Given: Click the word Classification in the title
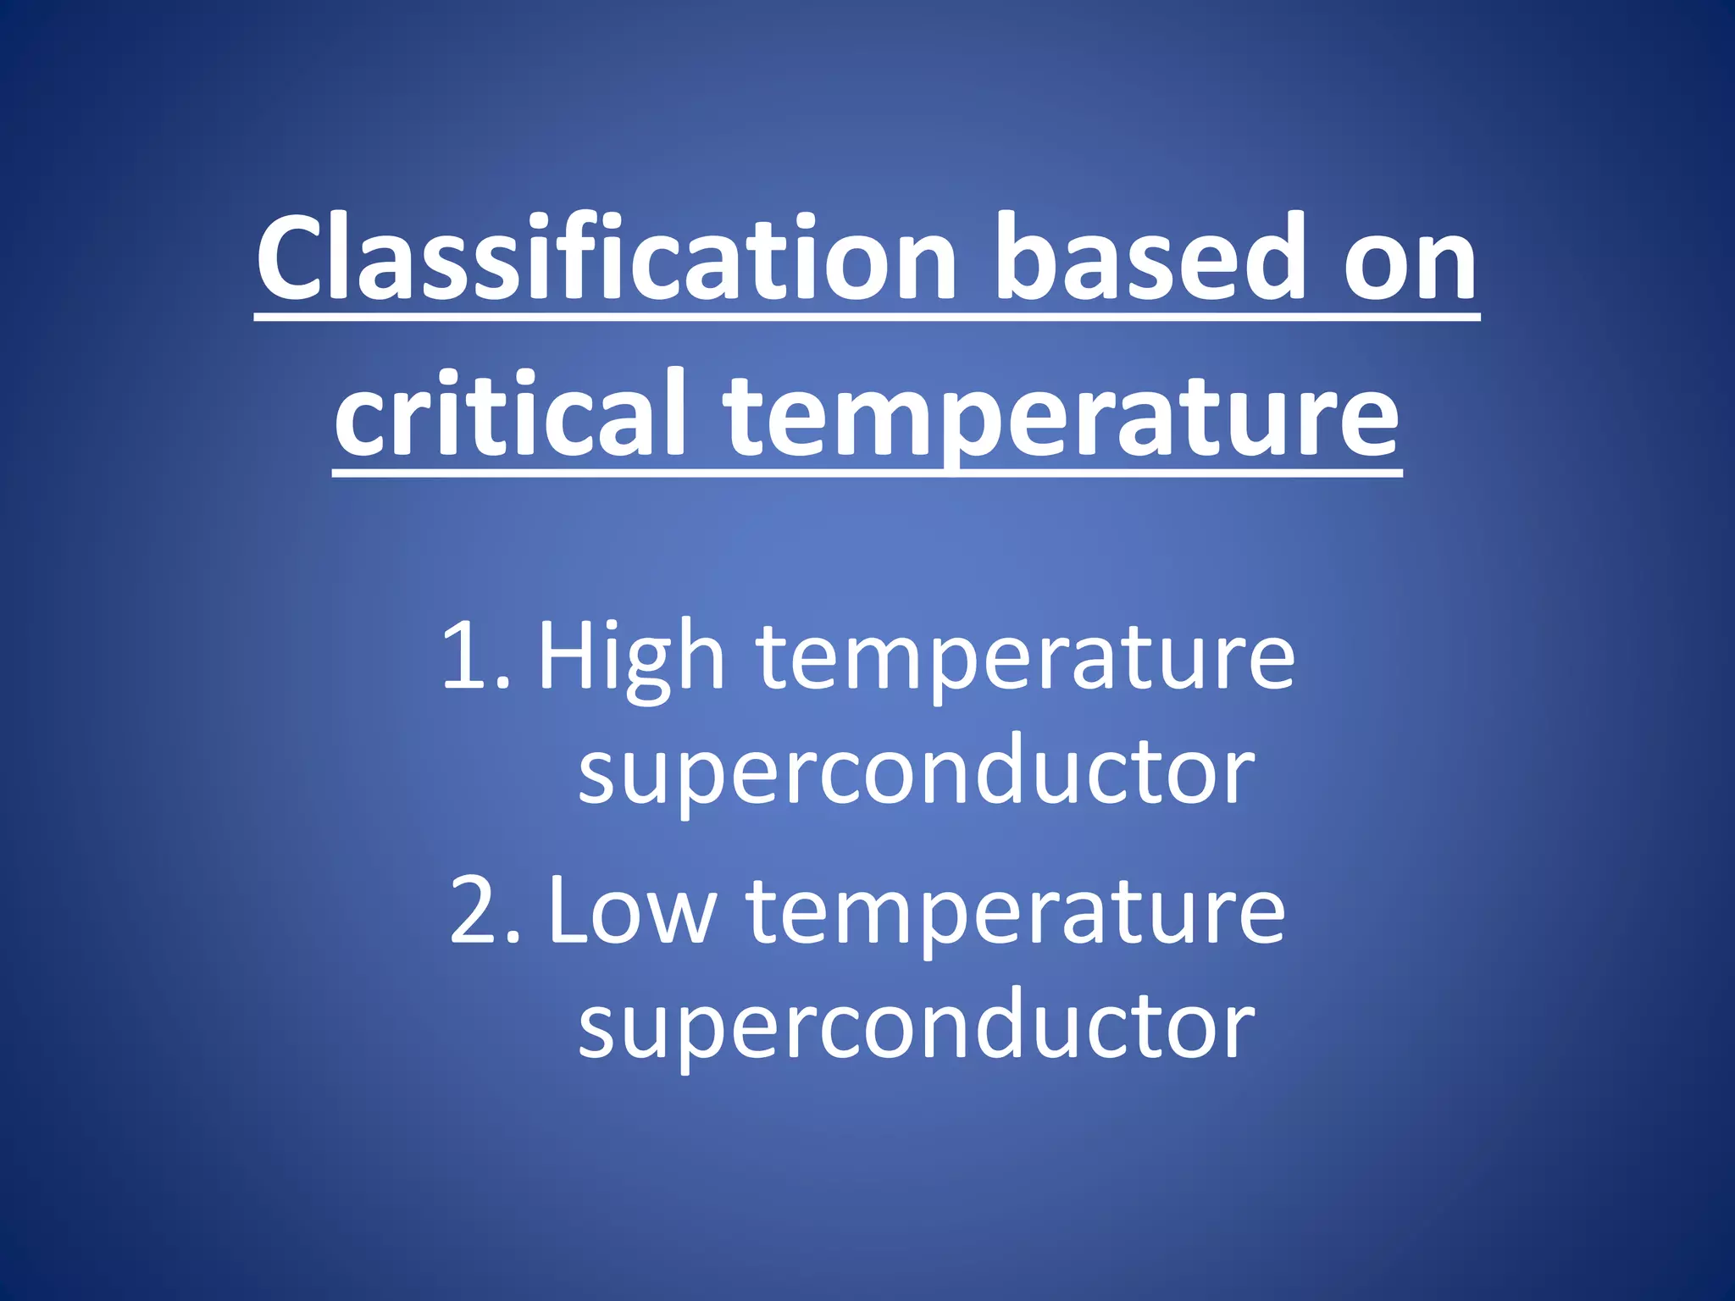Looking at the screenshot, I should pyautogui.click(x=607, y=258).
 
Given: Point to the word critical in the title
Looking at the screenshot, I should pyautogui.click(x=509, y=415).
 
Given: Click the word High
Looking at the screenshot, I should pyautogui.click(x=631, y=657).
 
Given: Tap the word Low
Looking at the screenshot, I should pyautogui.click(x=632, y=911).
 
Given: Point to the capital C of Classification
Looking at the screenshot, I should pyautogui.click(x=293, y=258).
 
